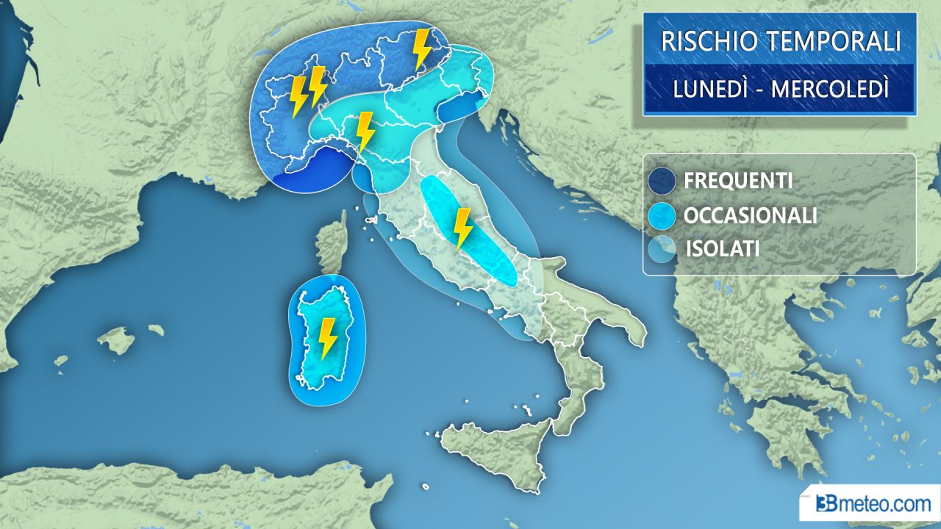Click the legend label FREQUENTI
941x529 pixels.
pyautogui.click(x=737, y=181)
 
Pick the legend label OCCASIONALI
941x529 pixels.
pyautogui.click(x=750, y=215)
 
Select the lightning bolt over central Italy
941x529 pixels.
pyautogui.click(x=462, y=228)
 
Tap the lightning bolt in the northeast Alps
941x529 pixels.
pyautogui.click(x=422, y=49)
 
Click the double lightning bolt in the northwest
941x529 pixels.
pyautogui.click(x=308, y=90)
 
